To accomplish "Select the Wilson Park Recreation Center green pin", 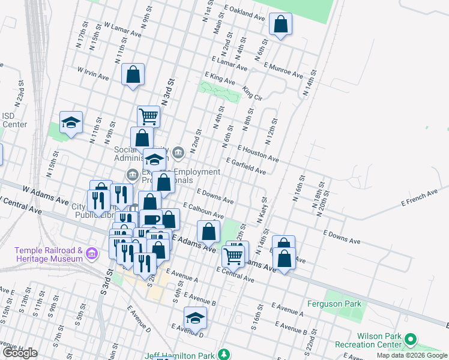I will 411,341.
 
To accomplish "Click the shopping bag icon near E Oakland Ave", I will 280,25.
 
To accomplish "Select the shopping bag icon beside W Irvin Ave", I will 133,75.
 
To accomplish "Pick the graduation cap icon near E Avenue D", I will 195,319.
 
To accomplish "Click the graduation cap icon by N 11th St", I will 71,123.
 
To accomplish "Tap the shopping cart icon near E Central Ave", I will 233,256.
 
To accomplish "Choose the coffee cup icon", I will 152,220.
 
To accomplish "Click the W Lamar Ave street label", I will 122,30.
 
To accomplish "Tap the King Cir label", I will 252,93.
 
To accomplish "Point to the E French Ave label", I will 420,199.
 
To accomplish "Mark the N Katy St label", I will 262,212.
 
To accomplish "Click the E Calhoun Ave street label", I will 203,211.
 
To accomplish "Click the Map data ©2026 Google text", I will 411,355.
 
